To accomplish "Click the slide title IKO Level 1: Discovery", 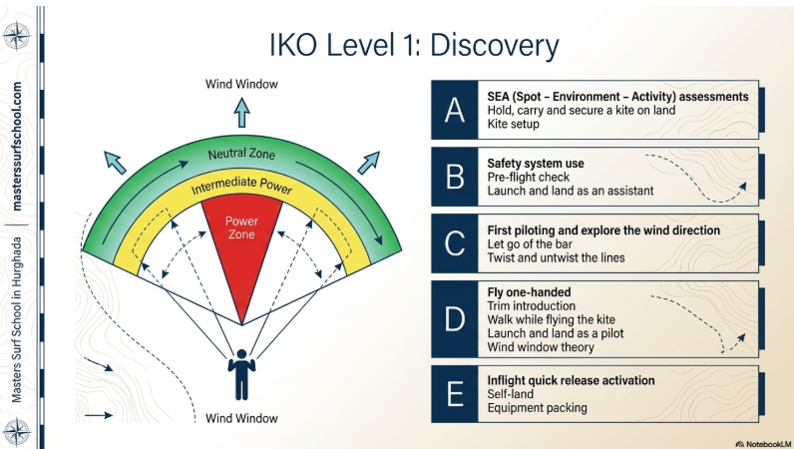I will point(414,45).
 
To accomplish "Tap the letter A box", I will point(454,111).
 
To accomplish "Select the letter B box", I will point(454,177).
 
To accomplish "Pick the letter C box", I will point(454,243).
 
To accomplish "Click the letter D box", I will point(454,318).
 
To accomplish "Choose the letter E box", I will point(454,393).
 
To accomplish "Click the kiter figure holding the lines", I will point(240,373).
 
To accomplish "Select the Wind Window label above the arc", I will point(241,84).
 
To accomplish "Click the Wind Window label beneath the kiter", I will point(241,418).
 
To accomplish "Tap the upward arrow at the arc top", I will point(241,110).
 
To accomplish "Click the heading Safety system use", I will point(535,163).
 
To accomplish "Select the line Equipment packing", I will point(536,407).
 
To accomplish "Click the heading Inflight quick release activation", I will point(571,380).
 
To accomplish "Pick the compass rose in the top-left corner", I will point(17,36).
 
